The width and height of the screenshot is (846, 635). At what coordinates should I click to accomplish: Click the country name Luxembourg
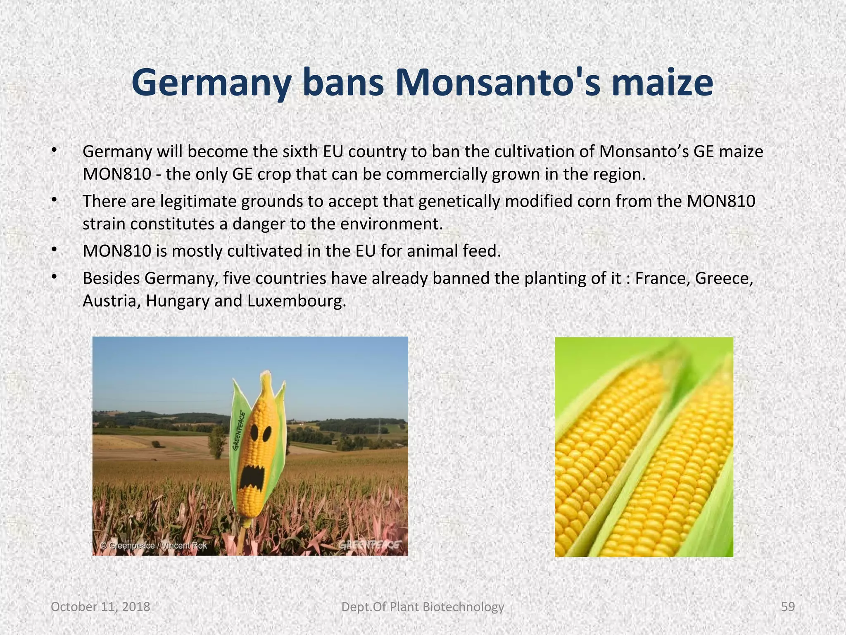point(295,301)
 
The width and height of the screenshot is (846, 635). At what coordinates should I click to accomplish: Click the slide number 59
point(788,606)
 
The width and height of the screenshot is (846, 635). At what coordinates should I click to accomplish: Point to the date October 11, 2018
point(100,606)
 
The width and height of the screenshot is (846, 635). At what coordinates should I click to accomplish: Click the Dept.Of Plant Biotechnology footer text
point(423,606)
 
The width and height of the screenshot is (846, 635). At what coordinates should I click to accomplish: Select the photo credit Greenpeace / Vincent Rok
point(154,545)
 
